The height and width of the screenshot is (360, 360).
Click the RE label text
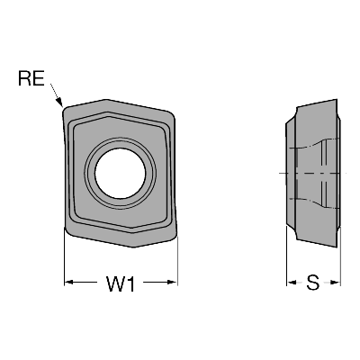pos(31,78)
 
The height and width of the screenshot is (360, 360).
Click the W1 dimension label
pos(121,283)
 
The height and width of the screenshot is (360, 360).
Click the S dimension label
pos(313,283)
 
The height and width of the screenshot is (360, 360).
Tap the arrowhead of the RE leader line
pos(59,102)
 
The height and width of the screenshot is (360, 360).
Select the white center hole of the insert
pos(121,173)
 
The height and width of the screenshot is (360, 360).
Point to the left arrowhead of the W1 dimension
pos(69,282)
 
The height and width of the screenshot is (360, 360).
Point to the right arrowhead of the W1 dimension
pos(173,282)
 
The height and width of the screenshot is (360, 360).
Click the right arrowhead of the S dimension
pos(336,283)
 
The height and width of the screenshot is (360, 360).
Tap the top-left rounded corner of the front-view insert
pos(64,110)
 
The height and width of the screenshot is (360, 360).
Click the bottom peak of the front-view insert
pos(134,247)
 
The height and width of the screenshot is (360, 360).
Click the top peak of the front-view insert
pos(105,100)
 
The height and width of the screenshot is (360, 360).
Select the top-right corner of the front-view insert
pos(173,115)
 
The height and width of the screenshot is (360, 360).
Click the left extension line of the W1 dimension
pos(65,256)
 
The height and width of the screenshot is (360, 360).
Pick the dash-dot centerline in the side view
pos(312,173)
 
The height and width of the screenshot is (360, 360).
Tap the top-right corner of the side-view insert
pos(337,100)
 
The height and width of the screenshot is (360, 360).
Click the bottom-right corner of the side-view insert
pos(337,247)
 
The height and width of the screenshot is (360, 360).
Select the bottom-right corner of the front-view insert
pos(175,236)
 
